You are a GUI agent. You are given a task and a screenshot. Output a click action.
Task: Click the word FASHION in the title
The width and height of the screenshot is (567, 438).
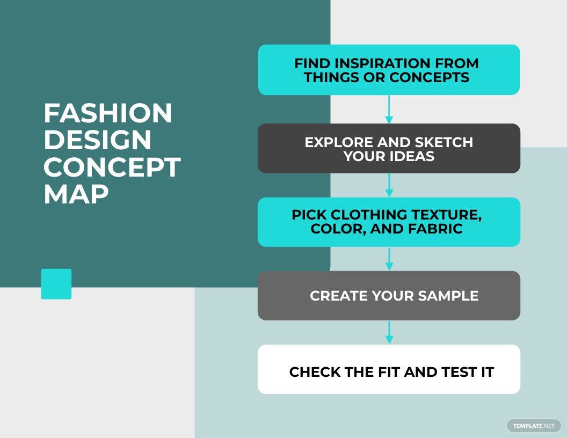click(107, 114)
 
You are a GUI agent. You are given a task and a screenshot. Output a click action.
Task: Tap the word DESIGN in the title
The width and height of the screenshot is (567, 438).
click(97, 141)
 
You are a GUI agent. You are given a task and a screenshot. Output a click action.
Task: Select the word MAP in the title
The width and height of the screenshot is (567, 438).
click(76, 194)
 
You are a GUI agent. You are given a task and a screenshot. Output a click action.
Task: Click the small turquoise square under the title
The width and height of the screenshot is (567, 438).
click(56, 284)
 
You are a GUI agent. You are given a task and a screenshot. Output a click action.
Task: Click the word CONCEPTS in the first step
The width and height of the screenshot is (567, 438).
click(430, 77)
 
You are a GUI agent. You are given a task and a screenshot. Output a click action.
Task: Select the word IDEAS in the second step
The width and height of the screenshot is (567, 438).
click(412, 157)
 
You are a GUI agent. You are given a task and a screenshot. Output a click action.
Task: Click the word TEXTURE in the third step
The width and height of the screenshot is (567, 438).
click(445, 215)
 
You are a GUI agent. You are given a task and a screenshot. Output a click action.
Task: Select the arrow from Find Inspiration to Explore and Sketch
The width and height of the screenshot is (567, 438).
click(389, 109)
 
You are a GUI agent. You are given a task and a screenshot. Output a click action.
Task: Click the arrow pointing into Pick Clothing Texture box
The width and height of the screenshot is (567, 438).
click(389, 185)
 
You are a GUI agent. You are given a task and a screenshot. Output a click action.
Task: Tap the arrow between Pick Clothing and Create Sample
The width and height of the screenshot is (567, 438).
click(389, 259)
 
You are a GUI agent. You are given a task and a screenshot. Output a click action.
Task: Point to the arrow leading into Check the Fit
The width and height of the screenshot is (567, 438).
click(389, 333)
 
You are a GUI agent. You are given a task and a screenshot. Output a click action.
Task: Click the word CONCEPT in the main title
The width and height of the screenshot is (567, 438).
click(112, 167)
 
